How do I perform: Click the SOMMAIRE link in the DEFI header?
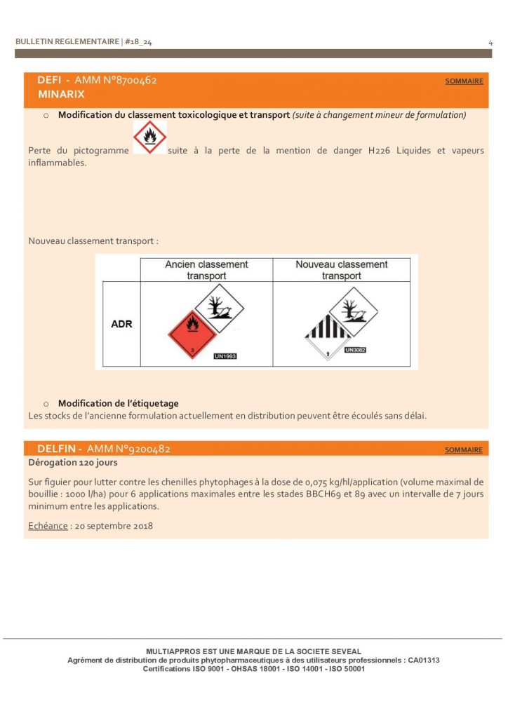point(464,81)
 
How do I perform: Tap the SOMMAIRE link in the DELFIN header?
point(464,450)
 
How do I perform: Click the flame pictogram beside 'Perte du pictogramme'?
point(149,138)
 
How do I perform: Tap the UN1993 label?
point(225,356)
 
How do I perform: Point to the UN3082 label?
point(355,349)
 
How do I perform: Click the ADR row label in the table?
point(121,325)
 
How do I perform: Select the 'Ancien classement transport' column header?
point(206,270)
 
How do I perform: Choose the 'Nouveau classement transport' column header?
point(341,270)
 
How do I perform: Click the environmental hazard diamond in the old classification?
point(219,308)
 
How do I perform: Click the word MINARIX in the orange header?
point(61,94)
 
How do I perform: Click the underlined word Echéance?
point(48,525)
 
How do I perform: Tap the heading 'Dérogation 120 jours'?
point(72,463)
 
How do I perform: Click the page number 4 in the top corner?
point(490,43)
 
